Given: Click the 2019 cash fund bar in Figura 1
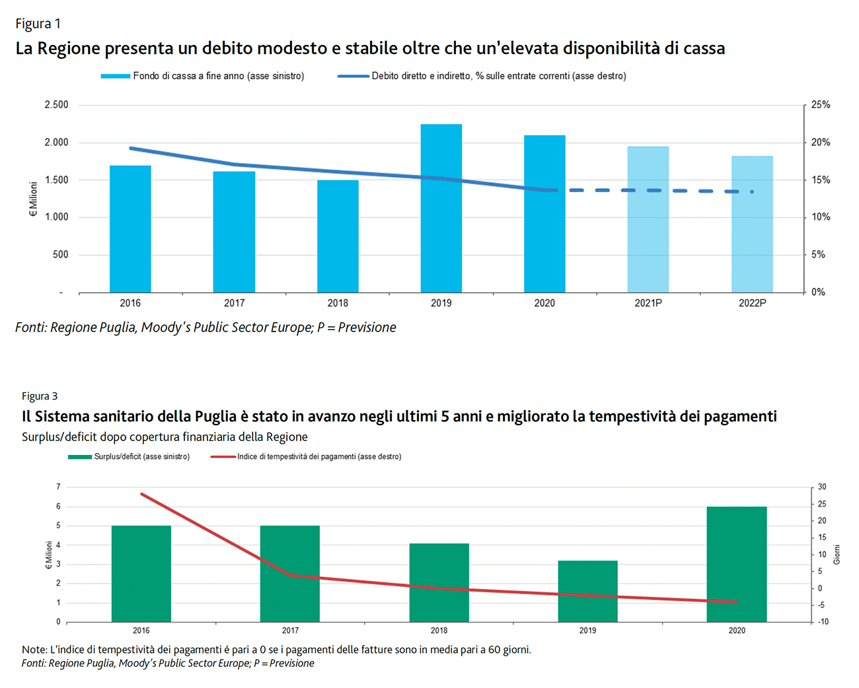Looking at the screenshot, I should click(441, 209).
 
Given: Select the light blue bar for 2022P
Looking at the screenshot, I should click(752, 224).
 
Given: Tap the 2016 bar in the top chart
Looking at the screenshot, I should click(130, 229).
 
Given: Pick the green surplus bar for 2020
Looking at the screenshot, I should click(736, 565).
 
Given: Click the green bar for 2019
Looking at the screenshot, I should click(587, 592).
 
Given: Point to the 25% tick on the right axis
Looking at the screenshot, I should click(821, 105).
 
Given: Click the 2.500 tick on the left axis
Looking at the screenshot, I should click(56, 105).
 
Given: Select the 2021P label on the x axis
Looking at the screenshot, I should click(648, 303).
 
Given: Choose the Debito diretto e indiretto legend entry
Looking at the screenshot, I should click(498, 76).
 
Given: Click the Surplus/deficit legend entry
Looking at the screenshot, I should click(141, 456).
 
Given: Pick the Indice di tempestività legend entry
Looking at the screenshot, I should click(319, 456).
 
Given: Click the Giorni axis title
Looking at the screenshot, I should click(837, 554).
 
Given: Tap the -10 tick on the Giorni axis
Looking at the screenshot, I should click(823, 621).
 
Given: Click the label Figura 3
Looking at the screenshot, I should click(40, 396).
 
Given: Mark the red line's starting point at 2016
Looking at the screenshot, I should click(141, 493).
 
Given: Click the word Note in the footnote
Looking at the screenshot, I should click(34, 650).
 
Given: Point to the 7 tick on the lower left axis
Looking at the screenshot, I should click(58, 487).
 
